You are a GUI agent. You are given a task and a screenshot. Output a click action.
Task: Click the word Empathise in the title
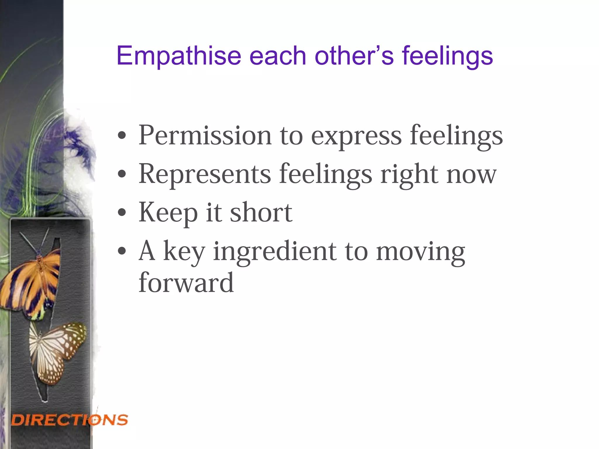coord(179,56)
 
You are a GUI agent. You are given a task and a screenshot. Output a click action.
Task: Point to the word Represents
coord(205,174)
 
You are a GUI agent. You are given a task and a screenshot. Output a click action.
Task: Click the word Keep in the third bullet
coord(168,213)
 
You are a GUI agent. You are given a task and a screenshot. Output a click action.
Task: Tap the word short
coord(261,212)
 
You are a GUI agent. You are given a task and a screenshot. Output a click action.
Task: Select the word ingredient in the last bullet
coord(275,252)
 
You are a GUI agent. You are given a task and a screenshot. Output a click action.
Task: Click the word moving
coord(420,252)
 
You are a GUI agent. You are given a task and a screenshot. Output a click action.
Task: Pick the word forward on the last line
coord(186,282)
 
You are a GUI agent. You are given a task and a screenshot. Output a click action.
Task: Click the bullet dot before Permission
coord(122,136)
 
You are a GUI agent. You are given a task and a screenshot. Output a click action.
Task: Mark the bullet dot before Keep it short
coord(122,213)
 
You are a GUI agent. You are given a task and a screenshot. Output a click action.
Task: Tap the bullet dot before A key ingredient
coord(122,251)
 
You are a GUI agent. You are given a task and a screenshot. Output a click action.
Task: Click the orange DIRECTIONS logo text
coord(70,420)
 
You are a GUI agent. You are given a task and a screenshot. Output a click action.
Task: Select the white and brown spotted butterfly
coord(57,351)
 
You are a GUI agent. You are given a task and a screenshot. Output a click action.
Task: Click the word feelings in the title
coord(447,56)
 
